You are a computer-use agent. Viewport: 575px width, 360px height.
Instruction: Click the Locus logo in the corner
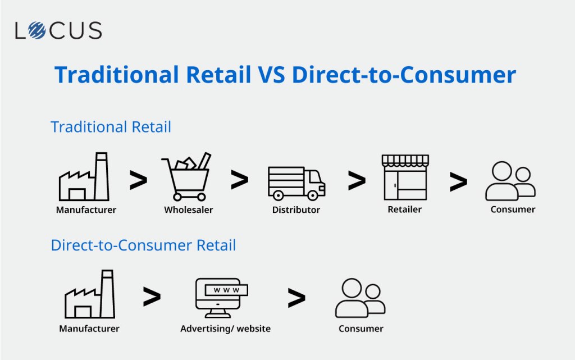58,30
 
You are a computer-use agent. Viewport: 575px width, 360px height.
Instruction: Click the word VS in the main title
271,75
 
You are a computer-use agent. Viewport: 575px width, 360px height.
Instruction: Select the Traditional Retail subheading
111,127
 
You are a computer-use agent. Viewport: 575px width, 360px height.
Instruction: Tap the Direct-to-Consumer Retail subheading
143,245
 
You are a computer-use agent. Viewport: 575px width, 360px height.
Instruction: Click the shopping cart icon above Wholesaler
186,177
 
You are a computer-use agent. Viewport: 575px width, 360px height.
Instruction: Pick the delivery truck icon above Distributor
296,183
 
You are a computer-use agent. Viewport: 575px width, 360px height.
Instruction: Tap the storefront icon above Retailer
405,177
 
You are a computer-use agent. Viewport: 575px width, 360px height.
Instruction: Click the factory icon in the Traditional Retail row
84,177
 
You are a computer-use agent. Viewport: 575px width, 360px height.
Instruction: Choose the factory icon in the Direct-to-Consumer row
90,294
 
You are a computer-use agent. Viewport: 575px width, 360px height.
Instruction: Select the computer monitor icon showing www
221,298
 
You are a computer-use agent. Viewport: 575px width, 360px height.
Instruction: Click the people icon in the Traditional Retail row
510,181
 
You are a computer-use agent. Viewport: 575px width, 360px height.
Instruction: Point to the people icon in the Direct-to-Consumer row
360,298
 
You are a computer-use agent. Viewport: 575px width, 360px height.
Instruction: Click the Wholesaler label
189,210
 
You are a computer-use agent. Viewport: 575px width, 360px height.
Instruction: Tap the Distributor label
296,210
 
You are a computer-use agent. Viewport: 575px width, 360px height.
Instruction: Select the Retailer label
404,209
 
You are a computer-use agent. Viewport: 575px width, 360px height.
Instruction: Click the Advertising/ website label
226,329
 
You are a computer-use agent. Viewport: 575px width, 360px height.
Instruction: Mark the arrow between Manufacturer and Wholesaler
138,180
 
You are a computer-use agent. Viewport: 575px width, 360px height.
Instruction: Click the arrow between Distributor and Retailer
357,181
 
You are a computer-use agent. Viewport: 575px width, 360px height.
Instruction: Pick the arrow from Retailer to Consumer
458,182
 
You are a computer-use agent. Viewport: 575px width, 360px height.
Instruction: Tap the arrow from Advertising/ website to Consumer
296,298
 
